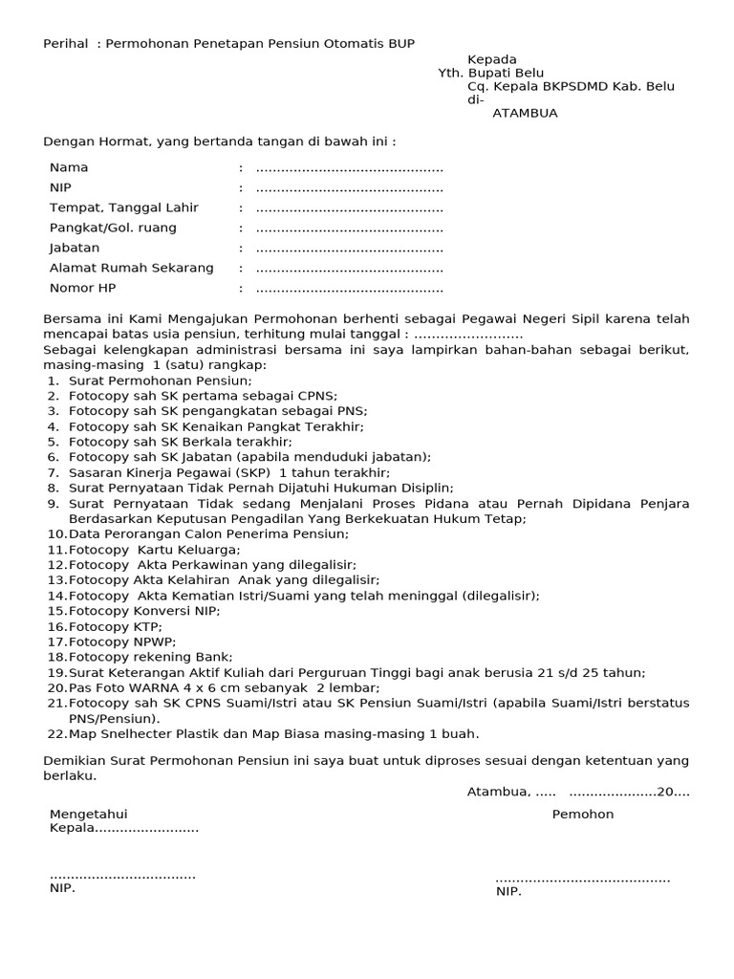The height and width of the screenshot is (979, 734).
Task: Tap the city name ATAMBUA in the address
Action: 525,113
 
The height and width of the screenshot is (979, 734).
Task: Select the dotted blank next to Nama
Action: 349,168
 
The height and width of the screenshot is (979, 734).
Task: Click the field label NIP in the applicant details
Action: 61,187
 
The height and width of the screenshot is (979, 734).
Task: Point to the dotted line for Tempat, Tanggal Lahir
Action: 349,208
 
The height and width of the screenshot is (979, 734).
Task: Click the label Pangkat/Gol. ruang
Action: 113,228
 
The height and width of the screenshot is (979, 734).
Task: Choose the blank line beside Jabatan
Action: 349,249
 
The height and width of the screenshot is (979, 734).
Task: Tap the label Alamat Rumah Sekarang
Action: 131,268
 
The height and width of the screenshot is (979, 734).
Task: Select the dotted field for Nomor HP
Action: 349,289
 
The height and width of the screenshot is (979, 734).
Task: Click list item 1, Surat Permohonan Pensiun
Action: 160,381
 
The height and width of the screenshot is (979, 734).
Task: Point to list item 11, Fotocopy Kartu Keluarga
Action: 154,550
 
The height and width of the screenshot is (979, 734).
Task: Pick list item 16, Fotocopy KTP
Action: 116,626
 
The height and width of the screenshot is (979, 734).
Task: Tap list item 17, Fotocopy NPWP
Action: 122,642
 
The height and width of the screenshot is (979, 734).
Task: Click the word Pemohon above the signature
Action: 583,815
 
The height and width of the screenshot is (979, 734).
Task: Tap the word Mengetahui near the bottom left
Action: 89,815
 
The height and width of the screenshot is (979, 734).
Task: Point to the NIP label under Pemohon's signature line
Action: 508,892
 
